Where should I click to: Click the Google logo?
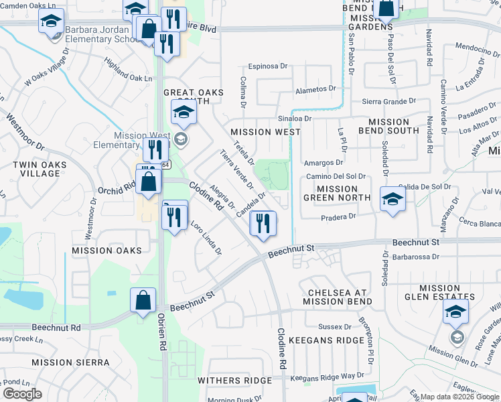pyautogui.click(x=22, y=394)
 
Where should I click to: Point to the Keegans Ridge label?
pyautogui.click(x=335, y=340)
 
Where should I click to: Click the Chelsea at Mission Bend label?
pyautogui.click(x=340, y=297)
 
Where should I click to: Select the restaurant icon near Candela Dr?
pyautogui.click(x=263, y=223)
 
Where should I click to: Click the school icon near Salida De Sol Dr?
pyautogui.click(x=392, y=198)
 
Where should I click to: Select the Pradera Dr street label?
pyautogui.click(x=338, y=217)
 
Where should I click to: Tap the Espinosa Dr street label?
pyautogui.click(x=267, y=66)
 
